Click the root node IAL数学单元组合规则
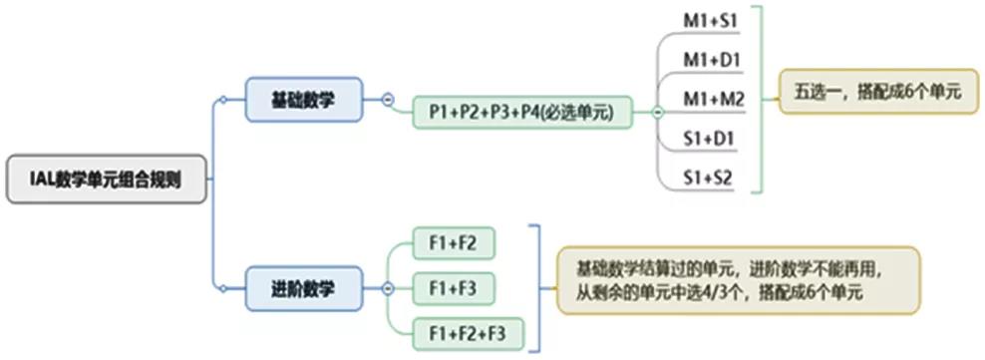pyautogui.click(x=108, y=180)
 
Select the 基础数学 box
pyautogui.click(x=303, y=100)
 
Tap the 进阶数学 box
pyautogui.click(x=303, y=289)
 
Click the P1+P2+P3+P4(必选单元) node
pyautogui.click(x=523, y=112)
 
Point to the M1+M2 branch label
pyautogui.click(x=710, y=100)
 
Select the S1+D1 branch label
pyautogui.click(x=710, y=139)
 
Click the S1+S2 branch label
pyautogui.click(x=710, y=177)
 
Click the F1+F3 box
pyautogui.click(x=454, y=288)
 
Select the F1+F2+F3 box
pyautogui.click(x=468, y=332)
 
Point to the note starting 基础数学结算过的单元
pyautogui.click(x=737, y=280)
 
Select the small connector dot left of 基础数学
pyautogui.click(x=224, y=100)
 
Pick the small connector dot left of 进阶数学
pyautogui.click(x=224, y=289)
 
